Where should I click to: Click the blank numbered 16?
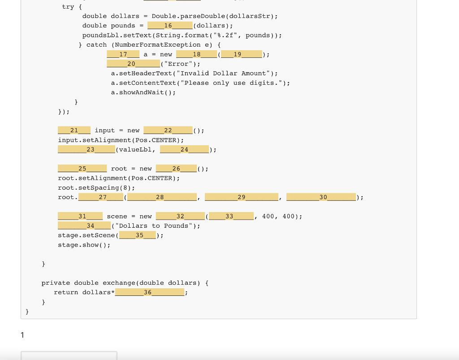pyautogui.click(x=170, y=26)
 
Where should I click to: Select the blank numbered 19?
pyautogui.click(x=241, y=54)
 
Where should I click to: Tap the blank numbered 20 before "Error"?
pyautogui.click(x=136, y=64)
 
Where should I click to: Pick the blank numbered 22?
pyautogui.click(x=168, y=130)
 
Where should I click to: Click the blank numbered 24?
pyautogui.click(x=184, y=149)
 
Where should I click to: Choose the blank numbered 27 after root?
pyautogui.click(x=103, y=197)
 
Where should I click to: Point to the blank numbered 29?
pyautogui.click(x=242, y=197)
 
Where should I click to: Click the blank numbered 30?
pyautogui.click(x=321, y=197)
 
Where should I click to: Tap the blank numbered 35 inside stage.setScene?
pyautogui.click(x=139, y=235)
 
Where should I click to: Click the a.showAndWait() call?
pyautogui.click(x=143, y=92)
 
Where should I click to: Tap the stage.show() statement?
pyautogui.click(x=84, y=245)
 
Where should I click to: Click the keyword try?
pyautogui.click(x=68, y=7)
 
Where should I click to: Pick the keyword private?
pyautogui.click(x=56, y=283)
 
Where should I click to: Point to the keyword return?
pyautogui.click(x=66, y=292)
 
